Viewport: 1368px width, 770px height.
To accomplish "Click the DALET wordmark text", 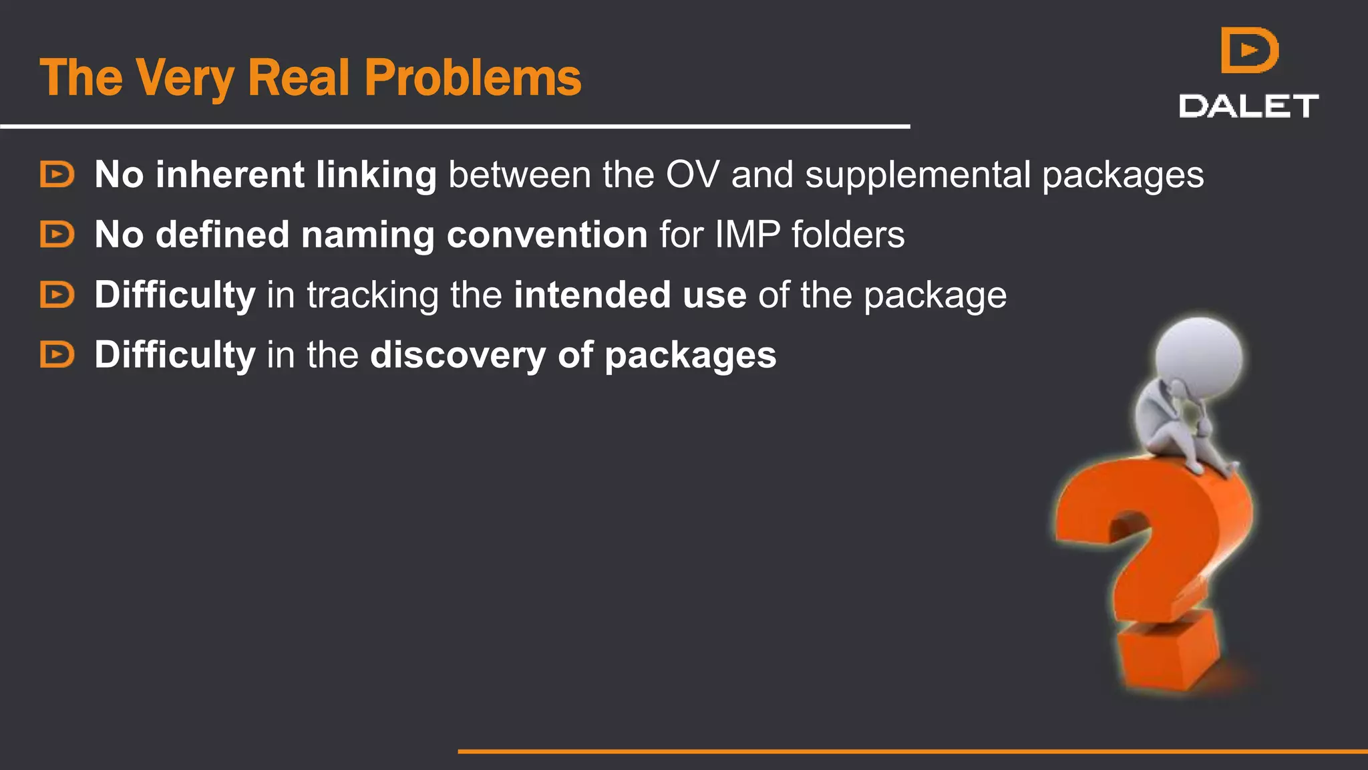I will coord(1248,106).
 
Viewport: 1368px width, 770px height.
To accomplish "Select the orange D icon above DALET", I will coord(1249,50).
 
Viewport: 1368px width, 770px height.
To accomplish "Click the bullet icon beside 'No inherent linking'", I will coord(57,174).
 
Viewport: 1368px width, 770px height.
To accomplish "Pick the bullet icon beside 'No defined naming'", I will coord(57,235).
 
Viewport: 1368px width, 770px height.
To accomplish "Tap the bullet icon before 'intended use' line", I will coord(57,295).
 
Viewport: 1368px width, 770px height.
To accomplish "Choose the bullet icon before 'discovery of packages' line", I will coord(57,354).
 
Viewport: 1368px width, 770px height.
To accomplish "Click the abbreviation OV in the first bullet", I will coord(693,175).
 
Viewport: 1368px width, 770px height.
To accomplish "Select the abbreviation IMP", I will coord(747,235).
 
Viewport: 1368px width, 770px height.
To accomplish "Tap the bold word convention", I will coord(547,235).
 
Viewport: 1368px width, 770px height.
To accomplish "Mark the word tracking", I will coord(372,296).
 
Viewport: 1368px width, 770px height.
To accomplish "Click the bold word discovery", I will coord(458,356).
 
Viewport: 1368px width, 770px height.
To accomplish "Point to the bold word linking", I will coord(376,176).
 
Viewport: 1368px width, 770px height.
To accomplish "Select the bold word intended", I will coord(592,295).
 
